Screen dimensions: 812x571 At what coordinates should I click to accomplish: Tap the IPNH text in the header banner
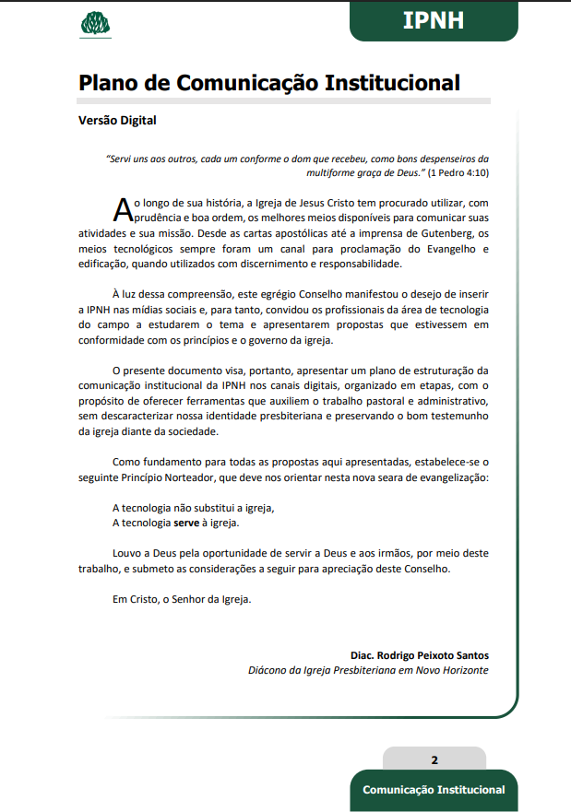pyautogui.click(x=433, y=20)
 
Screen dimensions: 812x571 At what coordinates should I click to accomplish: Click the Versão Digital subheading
pyautogui.click(x=118, y=120)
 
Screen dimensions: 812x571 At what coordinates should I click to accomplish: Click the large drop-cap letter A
pyautogui.click(x=123, y=210)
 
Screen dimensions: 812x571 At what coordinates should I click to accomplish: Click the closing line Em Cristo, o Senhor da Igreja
pyautogui.click(x=181, y=598)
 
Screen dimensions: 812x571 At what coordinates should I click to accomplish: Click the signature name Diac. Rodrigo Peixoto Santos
pyautogui.click(x=420, y=654)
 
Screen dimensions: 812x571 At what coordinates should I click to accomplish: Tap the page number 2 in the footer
pyautogui.click(x=434, y=760)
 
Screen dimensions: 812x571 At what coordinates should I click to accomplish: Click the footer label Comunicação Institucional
pyautogui.click(x=434, y=790)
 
